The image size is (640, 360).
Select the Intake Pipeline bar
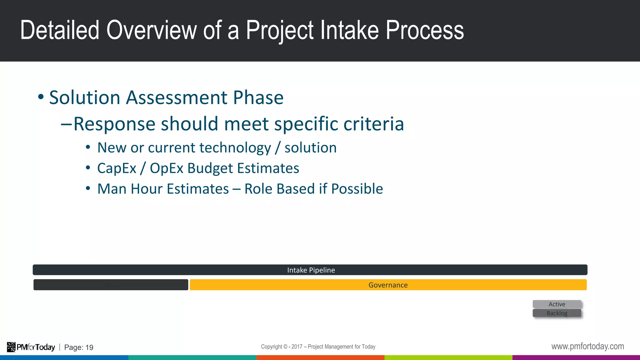pyautogui.click(x=310, y=270)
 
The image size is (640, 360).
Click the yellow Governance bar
pyautogui.click(x=388, y=285)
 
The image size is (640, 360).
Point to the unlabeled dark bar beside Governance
pyautogui.click(x=111, y=285)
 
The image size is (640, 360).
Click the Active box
pyautogui.click(x=557, y=304)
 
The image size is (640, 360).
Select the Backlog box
pyautogui.click(x=557, y=313)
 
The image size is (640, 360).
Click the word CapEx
pyautogui.click(x=117, y=168)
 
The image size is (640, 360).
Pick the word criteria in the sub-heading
pyautogui.click(x=373, y=124)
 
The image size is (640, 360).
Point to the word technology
pyautogui.click(x=235, y=148)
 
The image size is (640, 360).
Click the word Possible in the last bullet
pyautogui.click(x=357, y=189)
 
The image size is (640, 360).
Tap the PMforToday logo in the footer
pyautogui.click(x=31, y=347)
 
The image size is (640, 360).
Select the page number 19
pyautogui.click(x=89, y=347)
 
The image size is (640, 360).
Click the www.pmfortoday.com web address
pyautogui.click(x=587, y=346)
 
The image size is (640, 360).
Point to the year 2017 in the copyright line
pyautogui.click(x=297, y=347)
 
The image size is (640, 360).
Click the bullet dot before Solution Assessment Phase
pyautogui.click(x=41, y=97)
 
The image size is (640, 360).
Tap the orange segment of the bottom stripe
pyautogui.click(x=320, y=357)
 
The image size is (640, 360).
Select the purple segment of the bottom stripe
pyautogui.click(x=576, y=357)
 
